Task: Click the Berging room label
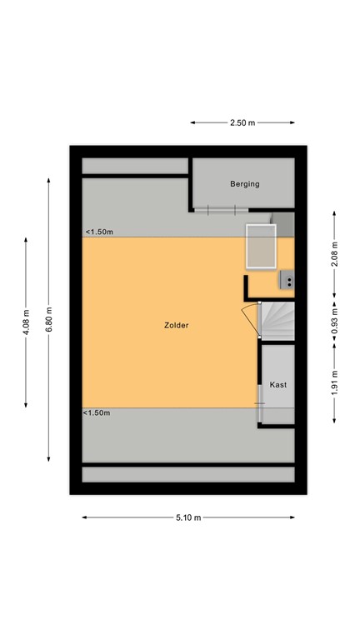click(245, 184)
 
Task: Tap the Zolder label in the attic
click(176, 325)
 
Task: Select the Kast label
click(278, 384)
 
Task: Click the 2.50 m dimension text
click(242, 122)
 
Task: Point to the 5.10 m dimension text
click(188, 517)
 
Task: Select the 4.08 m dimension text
click(27, 322)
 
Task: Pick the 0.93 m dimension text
click(335, 322)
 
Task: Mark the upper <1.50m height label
click(98, 232)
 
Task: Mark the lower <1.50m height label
click(97, 412)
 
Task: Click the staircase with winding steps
click(279, 320)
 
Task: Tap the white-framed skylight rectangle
click(262, 246)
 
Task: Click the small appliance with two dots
click(288, 281)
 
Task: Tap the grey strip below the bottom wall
click(188, 474)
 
